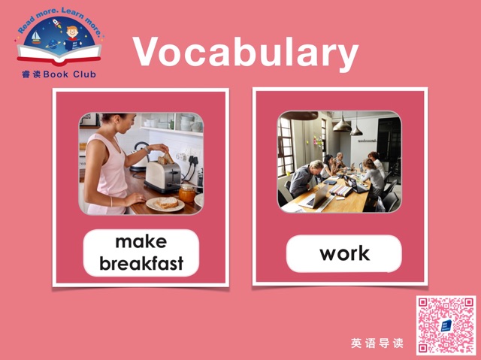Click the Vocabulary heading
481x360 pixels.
pos(246,52)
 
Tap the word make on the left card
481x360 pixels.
pos(141,242)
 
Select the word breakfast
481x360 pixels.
pos(141,263)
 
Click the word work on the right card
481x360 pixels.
pos(344,253)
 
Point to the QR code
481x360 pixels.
pos(446,325)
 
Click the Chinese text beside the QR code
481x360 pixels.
pos(377,343)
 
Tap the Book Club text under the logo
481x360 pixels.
pos(59,74)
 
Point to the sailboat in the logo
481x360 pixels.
pos(36,38)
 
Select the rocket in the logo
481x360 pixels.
pos(57,23)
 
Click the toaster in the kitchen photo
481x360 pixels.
pos(163,177)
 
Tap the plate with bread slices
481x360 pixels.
pos(165,204)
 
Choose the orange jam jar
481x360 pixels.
pos(187,193)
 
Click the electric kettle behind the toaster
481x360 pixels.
pos(140,156)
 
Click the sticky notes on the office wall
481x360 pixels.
pos(317,141)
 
